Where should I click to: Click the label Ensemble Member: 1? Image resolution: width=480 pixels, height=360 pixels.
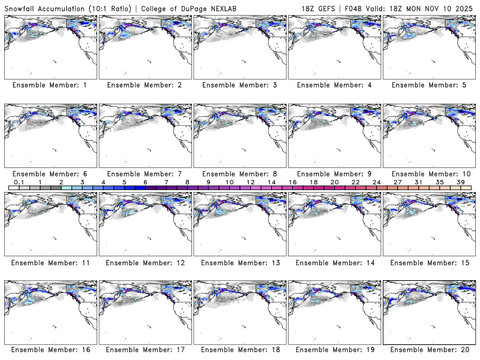(x=49, y=85)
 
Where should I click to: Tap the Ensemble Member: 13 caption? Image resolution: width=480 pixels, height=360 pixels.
(x=238, y=262)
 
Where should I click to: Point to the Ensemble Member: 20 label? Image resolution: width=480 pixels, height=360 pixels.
(x=428, y=350)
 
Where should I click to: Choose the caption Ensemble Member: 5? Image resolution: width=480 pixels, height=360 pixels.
(x=428, y=85)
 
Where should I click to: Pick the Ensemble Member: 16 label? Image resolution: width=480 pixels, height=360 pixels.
(x=49, y=350)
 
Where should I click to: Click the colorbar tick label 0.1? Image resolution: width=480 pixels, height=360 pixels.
(x=19, y=182)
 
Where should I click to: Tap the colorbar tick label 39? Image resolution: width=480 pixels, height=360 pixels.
(x=460, y=182)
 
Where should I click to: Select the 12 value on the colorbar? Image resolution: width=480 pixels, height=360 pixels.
(x=251, y=182)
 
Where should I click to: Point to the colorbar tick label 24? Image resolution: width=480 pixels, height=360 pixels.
(x=376, y=182)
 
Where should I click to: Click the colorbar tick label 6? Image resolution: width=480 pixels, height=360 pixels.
(x=145, y=182)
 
